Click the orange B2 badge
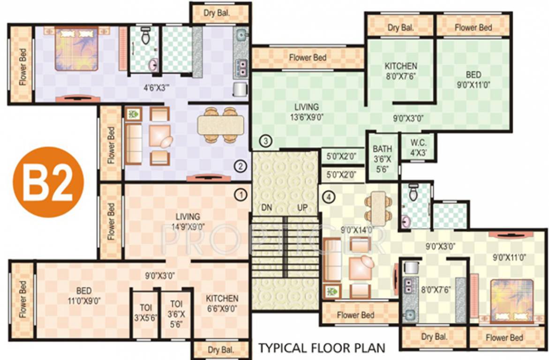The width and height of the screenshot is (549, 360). click(x=48, y=182)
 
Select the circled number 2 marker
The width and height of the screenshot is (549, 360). click(x=240, y=165)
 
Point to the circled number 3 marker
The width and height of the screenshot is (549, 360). click(x=265, y=141)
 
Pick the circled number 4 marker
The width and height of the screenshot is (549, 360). click(x=330, y=197)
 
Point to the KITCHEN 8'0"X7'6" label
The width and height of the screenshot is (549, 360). click(x=401, y=71)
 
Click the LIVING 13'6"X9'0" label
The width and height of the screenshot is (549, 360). click(x=307, y=112)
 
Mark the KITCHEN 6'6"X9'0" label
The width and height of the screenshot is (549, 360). click(x=222, y=303)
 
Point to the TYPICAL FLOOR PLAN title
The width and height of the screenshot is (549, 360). click(x=322, y=348)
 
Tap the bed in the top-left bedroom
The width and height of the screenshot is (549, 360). click(x=76, y=48)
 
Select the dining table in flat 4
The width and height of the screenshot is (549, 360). click(x=377, y=207)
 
